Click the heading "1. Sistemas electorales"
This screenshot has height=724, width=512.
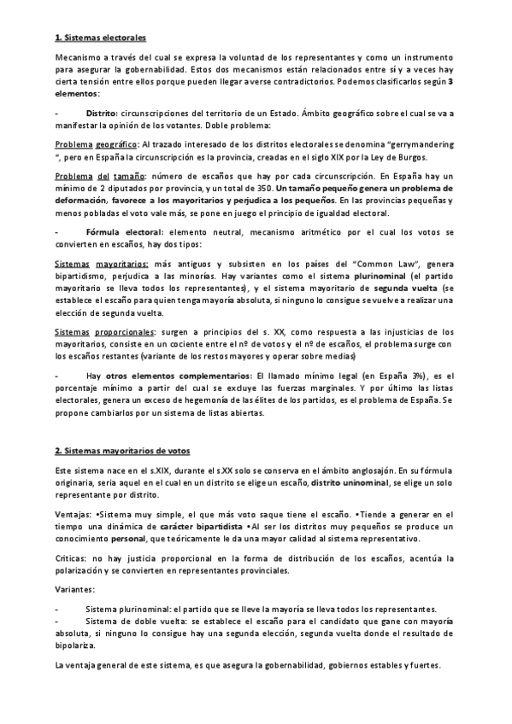tap(100, 38)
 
